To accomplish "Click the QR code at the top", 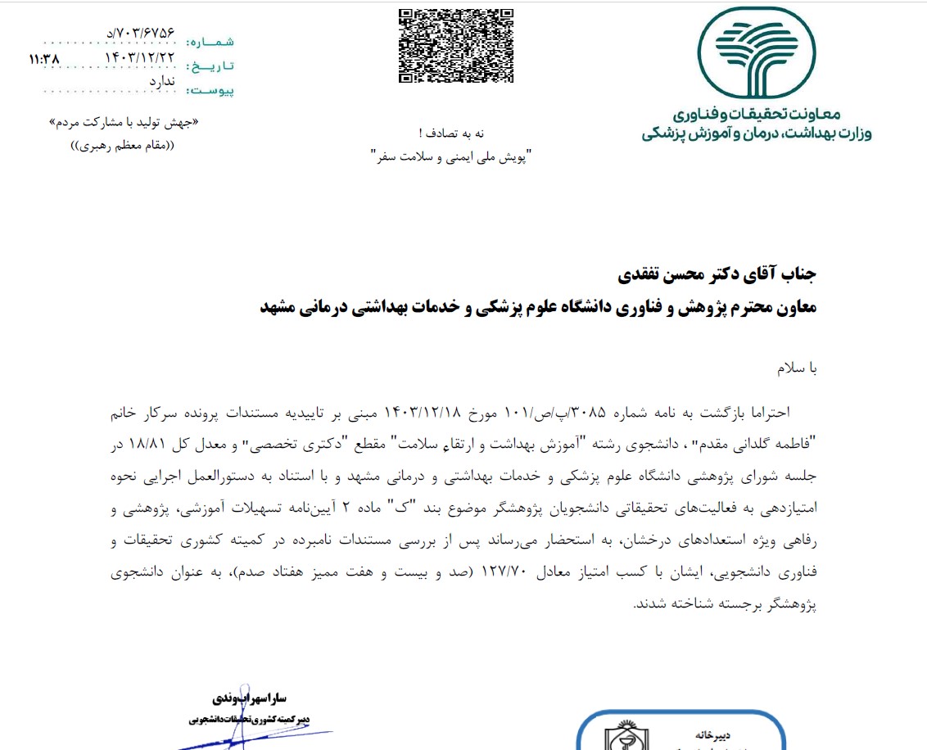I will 456,45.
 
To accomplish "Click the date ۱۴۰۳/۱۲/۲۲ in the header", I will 140,58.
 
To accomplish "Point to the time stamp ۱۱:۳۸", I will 44,60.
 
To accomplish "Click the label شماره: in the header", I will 210,41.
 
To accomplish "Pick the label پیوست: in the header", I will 210,90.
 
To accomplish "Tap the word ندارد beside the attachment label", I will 162,81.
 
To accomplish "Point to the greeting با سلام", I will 797,369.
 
